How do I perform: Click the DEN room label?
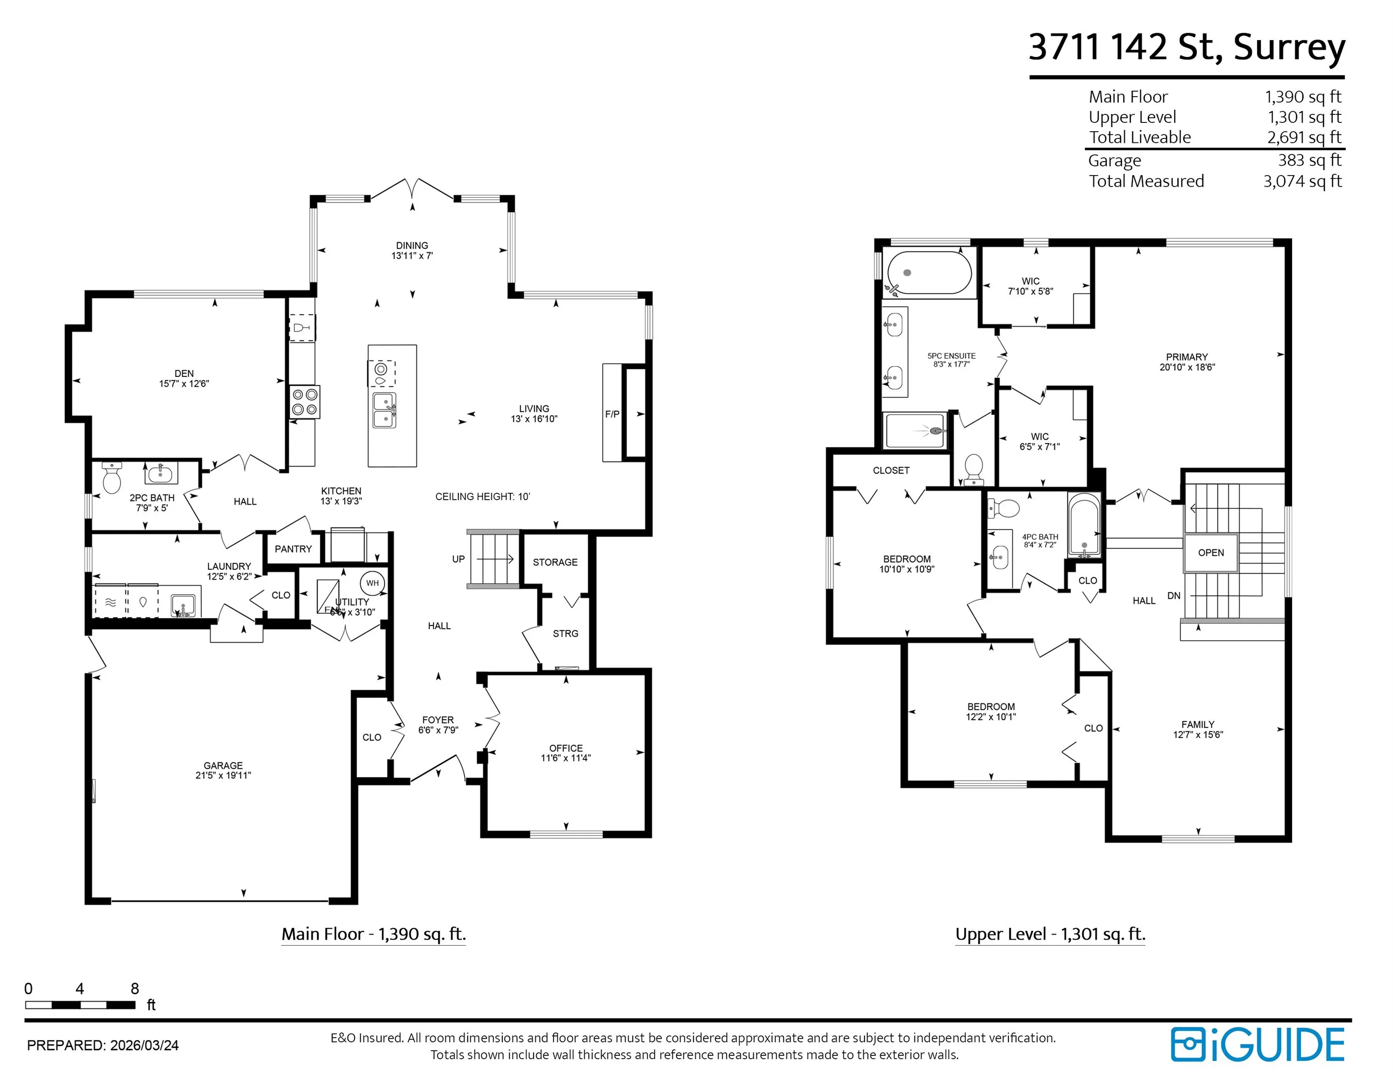click(184, 374)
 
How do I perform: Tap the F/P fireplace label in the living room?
click(612, 414)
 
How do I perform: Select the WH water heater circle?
click(372, 583)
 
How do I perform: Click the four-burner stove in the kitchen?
click(305, 402)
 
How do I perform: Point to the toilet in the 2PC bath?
click(112, 478)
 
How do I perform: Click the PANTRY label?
click(293, 549)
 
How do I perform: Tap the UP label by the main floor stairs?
click(458, 559)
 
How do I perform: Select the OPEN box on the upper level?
click(1211, 552)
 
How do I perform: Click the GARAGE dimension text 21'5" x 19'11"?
click(223, 775)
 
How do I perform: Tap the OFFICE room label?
click(566, 748)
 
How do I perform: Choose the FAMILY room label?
click(1198, 724)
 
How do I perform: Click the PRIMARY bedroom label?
click(1187, 357)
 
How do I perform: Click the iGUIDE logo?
click(1258, 1045)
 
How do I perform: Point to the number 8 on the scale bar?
click(135, 989)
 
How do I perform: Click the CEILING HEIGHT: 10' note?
click(483, 496)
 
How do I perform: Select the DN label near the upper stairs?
click(1173, 595)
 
